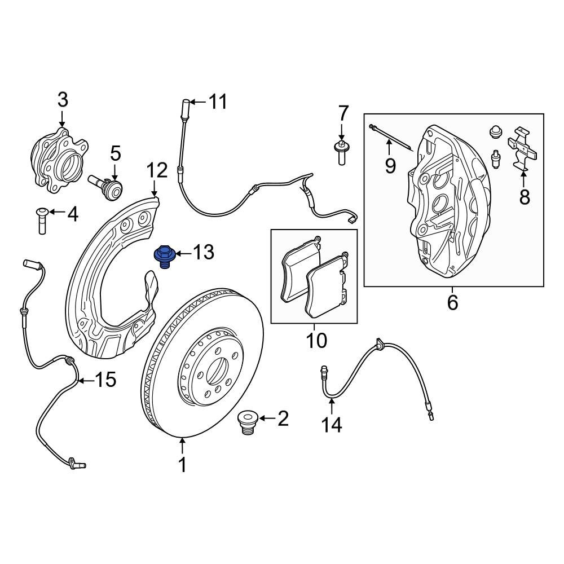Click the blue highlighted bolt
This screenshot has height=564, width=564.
click(x=163, y=256)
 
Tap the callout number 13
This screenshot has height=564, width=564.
click(x=203, y=253)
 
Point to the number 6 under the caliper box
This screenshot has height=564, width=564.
click(x=452, y=303)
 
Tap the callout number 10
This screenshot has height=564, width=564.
click(x=317, y=340)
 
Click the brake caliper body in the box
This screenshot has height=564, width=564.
click(x=446, y=203)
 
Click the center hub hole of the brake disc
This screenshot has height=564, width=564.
click(x=215, y=371)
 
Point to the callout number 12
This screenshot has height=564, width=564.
click(x=157, y=170)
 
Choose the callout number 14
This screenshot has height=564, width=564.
click(x=332, y=424)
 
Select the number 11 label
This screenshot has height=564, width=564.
click(x=217, y=102)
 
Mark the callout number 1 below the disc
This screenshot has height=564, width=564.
click(x=182, y=465)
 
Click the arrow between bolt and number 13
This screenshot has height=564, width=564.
click(x=182, y=253)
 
